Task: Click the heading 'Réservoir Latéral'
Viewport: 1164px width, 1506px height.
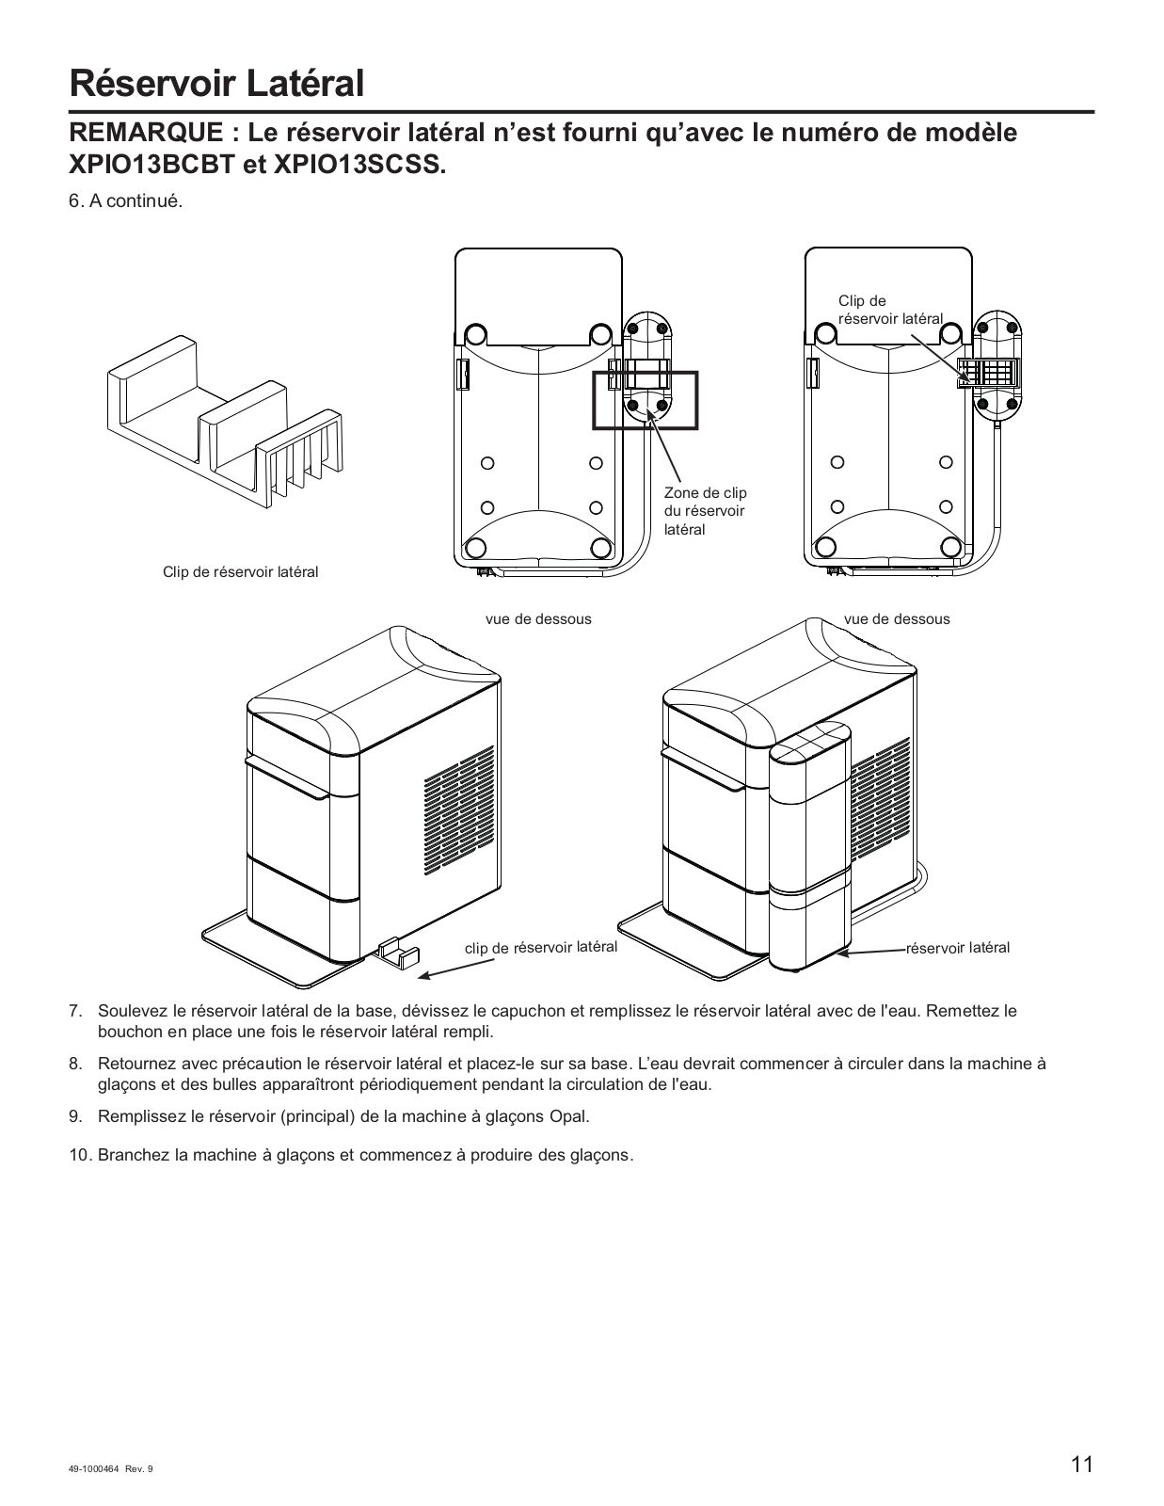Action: [x=216, y=83]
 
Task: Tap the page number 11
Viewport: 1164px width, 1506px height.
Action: [x=1081, y=1465]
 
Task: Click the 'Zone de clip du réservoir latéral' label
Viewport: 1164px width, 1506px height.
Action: [x=705, y=511]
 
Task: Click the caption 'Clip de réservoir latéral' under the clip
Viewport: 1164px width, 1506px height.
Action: [x=240, y=571]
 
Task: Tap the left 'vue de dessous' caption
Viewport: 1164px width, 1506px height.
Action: [x=538, y=618]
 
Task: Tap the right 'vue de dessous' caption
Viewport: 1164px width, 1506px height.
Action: [x=897, y=618]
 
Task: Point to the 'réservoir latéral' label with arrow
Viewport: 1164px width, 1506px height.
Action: [x=957, y=948]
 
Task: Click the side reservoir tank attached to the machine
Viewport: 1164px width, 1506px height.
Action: [x=810, y=847]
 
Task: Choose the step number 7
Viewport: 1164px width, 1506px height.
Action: [x=76, y=1012]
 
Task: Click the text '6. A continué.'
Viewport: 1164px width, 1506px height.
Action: [x=125, y=202]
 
